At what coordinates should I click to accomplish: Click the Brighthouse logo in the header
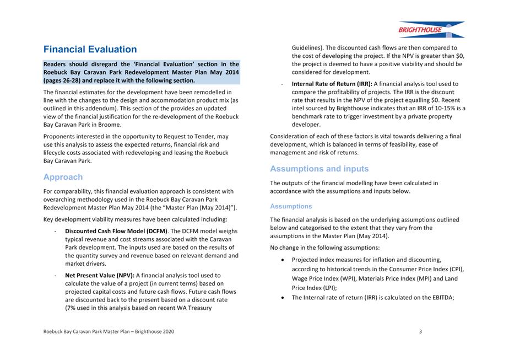[431, 29]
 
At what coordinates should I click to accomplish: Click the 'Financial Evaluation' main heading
[90, 50]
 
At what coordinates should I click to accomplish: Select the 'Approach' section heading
[63, 177]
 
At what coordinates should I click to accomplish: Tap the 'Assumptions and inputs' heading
[319, 169]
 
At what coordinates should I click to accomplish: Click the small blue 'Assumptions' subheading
[291, 206]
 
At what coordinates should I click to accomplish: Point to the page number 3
[420, 331]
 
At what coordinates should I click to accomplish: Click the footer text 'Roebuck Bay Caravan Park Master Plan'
[91, 331]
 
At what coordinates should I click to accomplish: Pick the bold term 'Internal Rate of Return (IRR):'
[332, 84]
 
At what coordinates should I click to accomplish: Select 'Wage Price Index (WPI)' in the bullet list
[324, 279]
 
